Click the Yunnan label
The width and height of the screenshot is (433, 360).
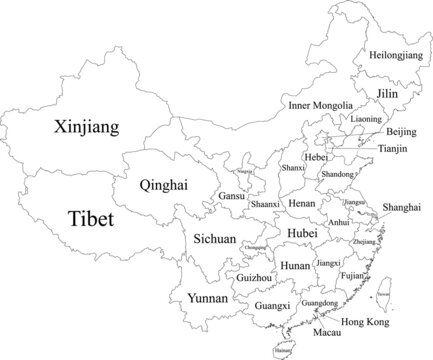click(x=208, y=298)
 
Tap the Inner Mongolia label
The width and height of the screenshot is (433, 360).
click(x=320, y=105)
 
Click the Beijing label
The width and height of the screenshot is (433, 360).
click(x=402, y=132)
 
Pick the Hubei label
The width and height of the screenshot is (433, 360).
click(x=301, y=232)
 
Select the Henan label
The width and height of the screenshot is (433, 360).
click(x=301, y=202)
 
